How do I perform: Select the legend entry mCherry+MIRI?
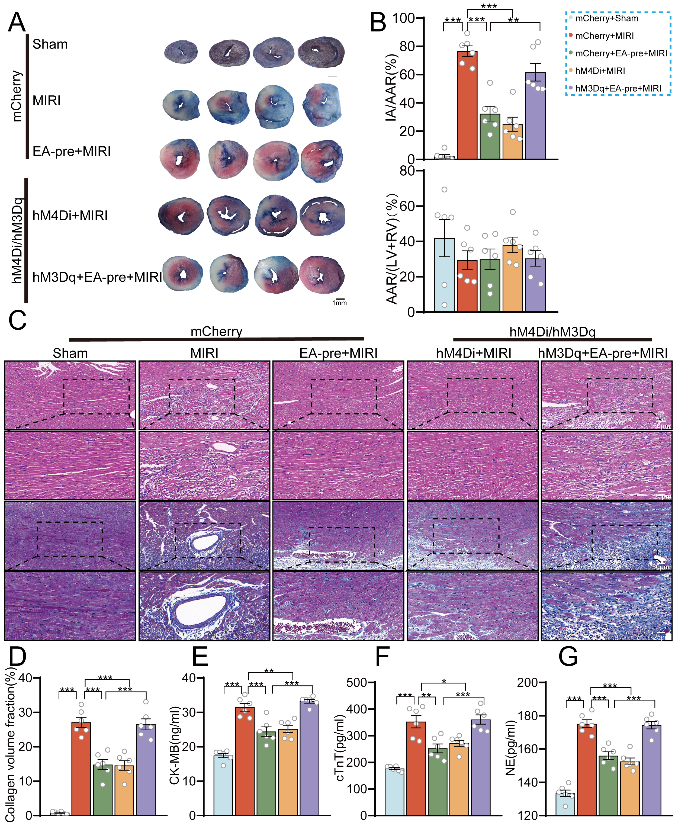click(x=604, y=36)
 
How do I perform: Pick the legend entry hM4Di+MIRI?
click(x=600, y=71)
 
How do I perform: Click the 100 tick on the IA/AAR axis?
click(x=403, y=18)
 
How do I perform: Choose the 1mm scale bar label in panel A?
click(x=339, y=303)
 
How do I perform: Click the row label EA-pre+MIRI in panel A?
click(x=72, y=151)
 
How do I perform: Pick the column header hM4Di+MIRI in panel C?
click(x=473, y=353)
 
